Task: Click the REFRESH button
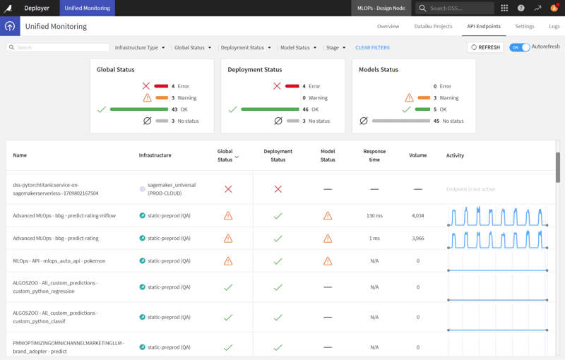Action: pyautogui.click(x=485, y=47)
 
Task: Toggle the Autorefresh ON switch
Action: pyautogui.click(x=520, y=47)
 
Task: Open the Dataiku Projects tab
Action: pyautogui.click(x=433, y=26)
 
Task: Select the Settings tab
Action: pyautogui.click(x=524, y=26)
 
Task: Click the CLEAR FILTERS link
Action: pyautogui.click(x=372, y=47)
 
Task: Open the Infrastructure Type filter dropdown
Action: pyautogui.click(x=140, y=47)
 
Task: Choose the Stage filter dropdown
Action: pyautogui.click(x=335, y=47)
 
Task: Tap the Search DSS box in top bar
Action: pyautogui.click(x=456, y=8)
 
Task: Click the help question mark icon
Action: pyautogui.click(x=521, y=8)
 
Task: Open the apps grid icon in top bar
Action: pyautogui.click(x=504, y=8)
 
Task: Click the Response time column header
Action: pyautogui.click(x=374, y=155)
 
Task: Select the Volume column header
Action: pyautogui.click(x=417, y=155)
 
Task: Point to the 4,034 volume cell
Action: pyautogui.click(x=417, y=215)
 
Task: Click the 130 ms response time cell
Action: pyautogui.click(x=374, y=215)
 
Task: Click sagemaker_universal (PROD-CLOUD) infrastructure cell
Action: pyautogui.click(x=171, y=189)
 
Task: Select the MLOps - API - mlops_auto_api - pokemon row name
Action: pyautogui.click(x=59, y=260)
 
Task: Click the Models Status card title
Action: pyautogui.click(x=379, y=69)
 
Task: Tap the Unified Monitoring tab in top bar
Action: pyautogui.click(x=87, y=8)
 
